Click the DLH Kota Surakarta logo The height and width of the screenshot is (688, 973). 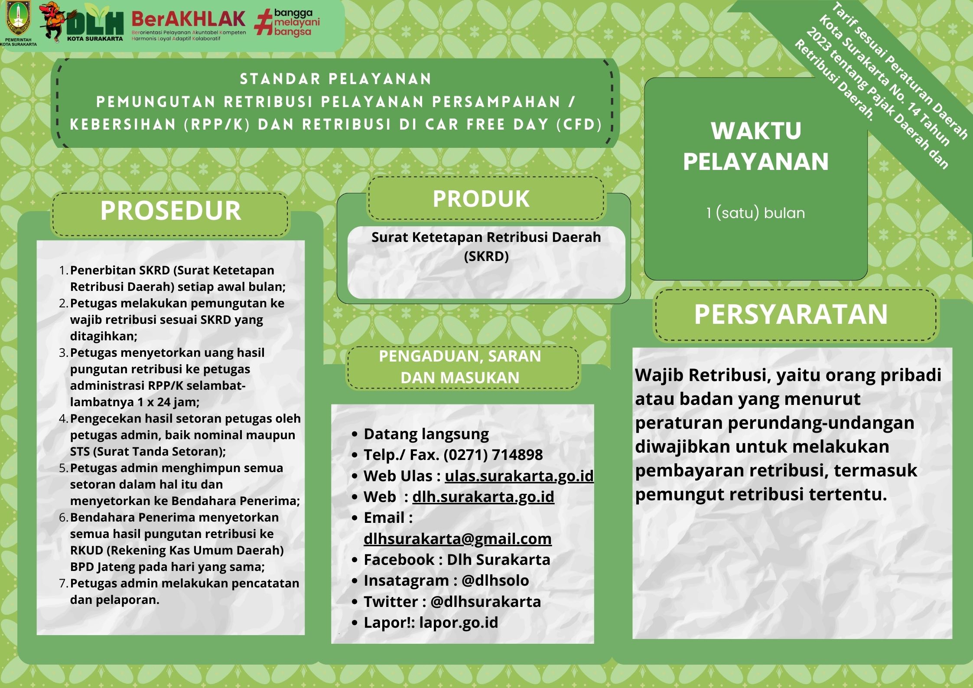pyautogui.click(x=94, y=24)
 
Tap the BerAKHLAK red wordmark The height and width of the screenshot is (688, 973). pyautogui.click(x=188, y=19)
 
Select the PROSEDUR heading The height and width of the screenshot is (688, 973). pyautogui.click(x=170, y=211)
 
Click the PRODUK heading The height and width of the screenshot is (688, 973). pyautogui.click(x=481, y=199)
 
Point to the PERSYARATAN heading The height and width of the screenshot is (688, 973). pyautogui.click(x=791, y=314)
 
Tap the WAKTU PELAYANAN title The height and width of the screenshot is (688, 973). pyautogui.click(x=756, y=146)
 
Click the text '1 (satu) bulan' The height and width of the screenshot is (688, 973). pyautogui.click(x=755, y=213)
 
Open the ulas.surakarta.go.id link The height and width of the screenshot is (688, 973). pyautogui.click(x=519, y=476)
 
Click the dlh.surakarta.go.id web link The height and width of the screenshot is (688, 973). pyautogui.click(x=483, y=497)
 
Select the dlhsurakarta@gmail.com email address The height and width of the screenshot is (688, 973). pyautogui.click(x=457, y=538)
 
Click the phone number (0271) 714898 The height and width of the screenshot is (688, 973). pyautogui.click(x=493, y=455)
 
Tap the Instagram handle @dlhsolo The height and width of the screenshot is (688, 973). pyautogui.click(x=495, y=580)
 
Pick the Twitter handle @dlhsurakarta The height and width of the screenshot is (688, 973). pyautogui.click(x=485, y=602)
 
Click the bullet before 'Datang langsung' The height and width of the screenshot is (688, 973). pyautogui.click(x=355, y=434)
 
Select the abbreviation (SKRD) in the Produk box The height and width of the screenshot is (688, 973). pyautogui.click(x=486, y=256)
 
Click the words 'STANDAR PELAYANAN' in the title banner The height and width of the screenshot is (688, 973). pyautogui.click(x=336, y=79)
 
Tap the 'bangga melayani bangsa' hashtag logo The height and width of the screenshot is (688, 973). pyautogui.click(x=287, y=23)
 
